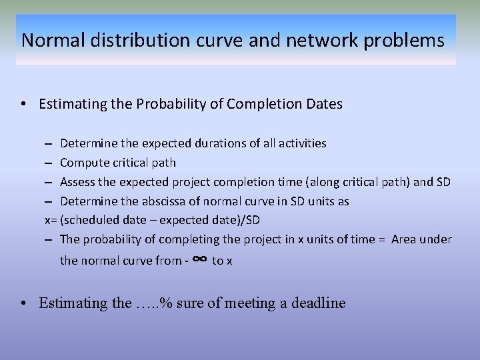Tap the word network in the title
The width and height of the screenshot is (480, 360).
pyautogui.click(x=327, y=41)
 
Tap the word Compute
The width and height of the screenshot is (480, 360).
pyautogui.click(x=84, y=163)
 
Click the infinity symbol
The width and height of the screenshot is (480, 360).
pyautogui.click(x=198, y=259)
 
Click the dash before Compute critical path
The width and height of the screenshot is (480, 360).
pyautogui.click(x=51, y=163)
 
